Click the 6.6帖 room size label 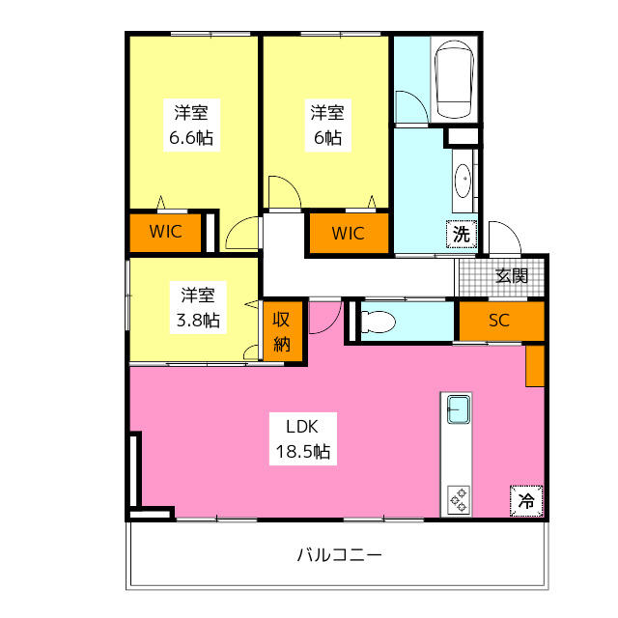(x=191, y=137)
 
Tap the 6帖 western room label (x=326, y=137)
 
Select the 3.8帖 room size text (x=199, y=321)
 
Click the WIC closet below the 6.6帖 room (x=166, y=232)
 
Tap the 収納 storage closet (x=283, y=331)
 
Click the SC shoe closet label (x=499, y=322)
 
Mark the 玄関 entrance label (x=512, y=275)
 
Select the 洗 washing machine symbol (x=463, y=233)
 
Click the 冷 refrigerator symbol (x=526, y=501)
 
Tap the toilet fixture (x=379, y=322)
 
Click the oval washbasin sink (x=463, y=181)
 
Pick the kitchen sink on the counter (x=457, y=408)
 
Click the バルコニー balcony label (x=339, y=555)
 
